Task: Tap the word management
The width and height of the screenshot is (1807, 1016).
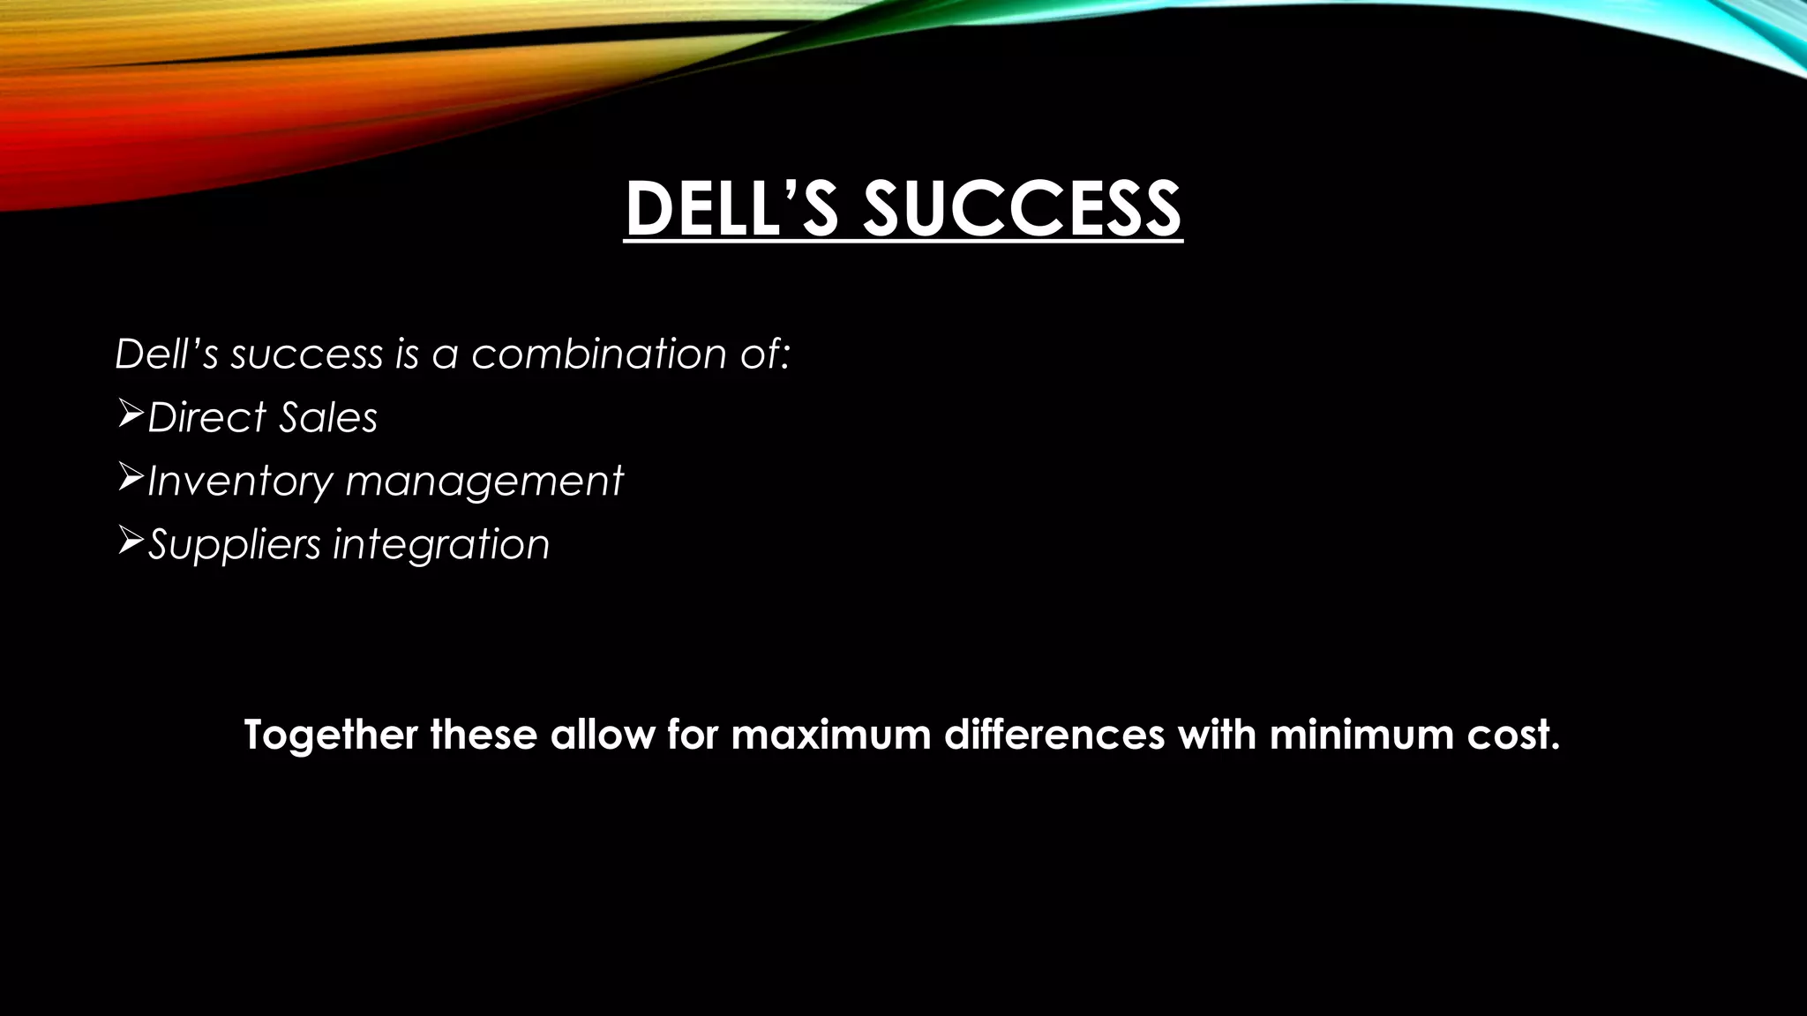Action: [x=484, y=482]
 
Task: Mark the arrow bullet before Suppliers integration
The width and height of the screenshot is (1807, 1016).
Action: [x=130, y=540]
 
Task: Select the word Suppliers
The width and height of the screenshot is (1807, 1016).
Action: [x=234, y=544]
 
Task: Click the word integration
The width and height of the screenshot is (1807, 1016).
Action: [x=441, y=544]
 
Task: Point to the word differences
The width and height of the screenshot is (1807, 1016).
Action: [x=1054, y=735]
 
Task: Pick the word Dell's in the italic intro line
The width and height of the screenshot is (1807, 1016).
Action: [x=166, y=354]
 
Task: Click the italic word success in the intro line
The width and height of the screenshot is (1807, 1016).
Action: [x=307, y=354]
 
